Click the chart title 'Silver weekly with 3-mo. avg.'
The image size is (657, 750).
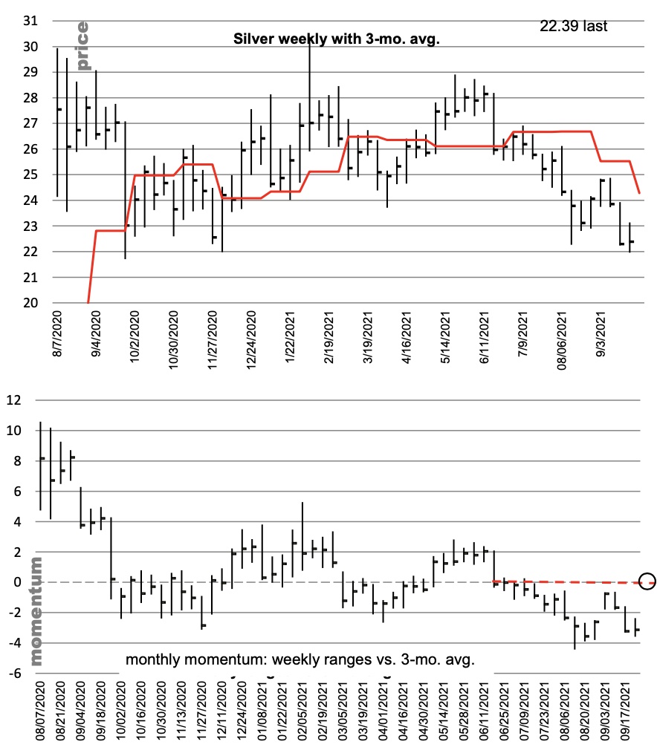pyautogui.click(x=337, y=39)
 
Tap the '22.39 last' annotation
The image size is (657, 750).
pyautogui.click(x=574, y=26)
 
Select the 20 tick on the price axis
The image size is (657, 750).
pyautogui.click(x=30, y=303)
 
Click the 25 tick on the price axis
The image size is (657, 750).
pyautogui.click(x=30, y=175)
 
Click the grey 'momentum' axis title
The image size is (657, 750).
pyautogui.click(x=37, y=610)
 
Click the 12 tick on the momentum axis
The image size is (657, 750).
pyautogui.click(x=16, y=400)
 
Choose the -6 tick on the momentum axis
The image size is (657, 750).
pyautogui.click(x=16, y=673)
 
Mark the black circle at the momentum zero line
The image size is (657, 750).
pyautogui.click(x=647, y=581)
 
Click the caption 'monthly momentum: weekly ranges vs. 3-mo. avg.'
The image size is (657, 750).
pyautogui.click(x=300, y=659)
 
